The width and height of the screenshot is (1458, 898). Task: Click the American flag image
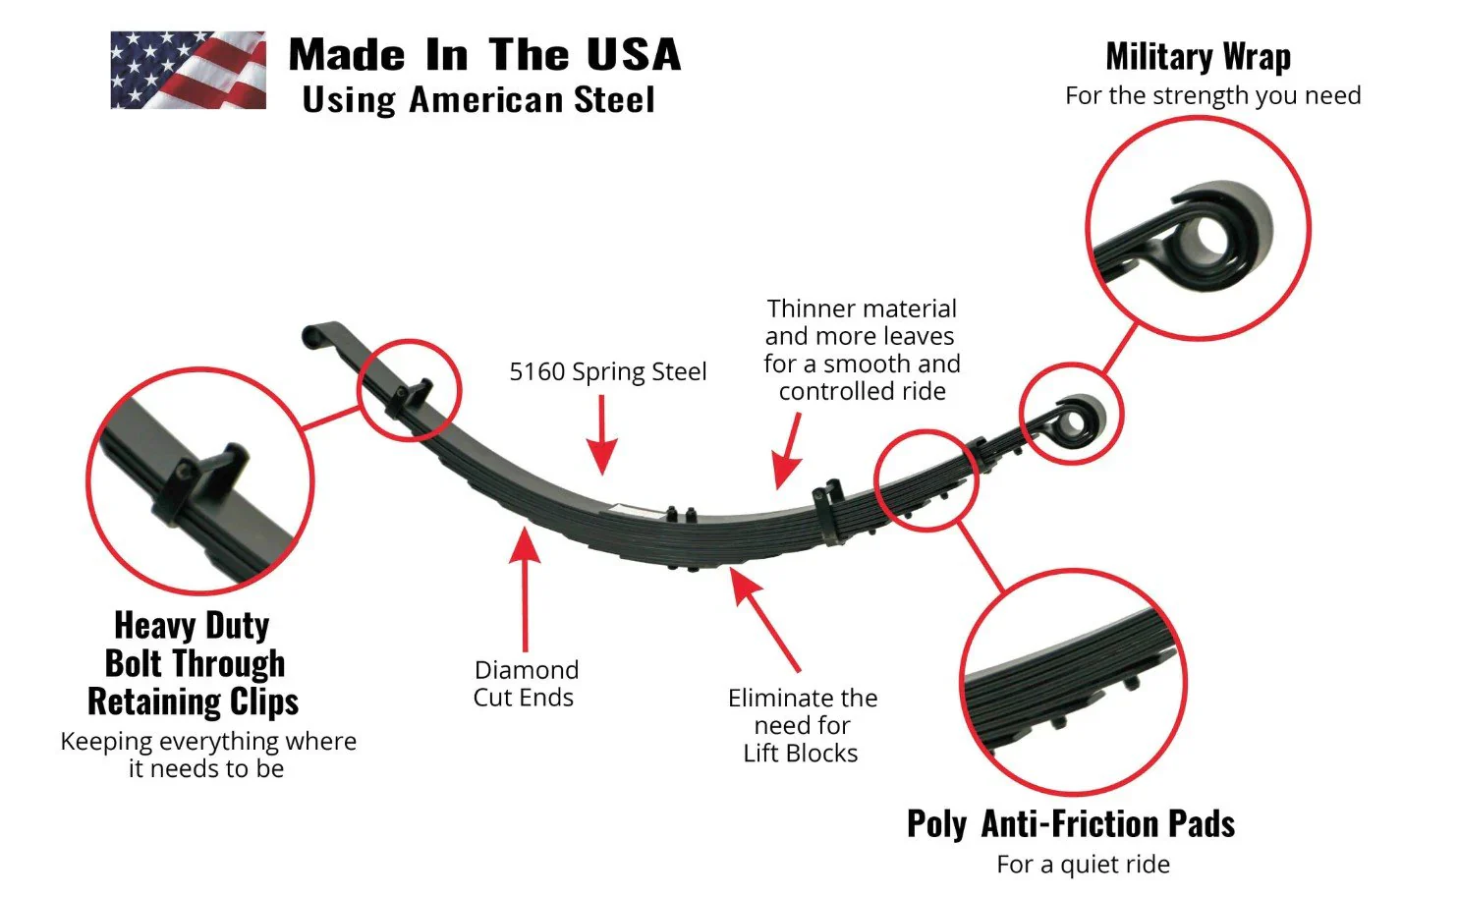click(x=188, y=70)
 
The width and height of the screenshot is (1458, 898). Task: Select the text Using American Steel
click(x=478, y=100)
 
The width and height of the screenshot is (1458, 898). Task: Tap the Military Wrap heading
click(x=1198, y=57)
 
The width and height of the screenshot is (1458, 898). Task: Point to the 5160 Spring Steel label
click(x=607, y=371)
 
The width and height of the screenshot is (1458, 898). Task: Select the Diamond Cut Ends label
click(x=525, y=684)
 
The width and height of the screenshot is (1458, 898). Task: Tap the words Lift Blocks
click(x=800, y=754)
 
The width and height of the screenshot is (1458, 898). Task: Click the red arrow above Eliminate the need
click(x=765, y=619)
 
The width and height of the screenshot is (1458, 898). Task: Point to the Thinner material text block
click(x=861, y=350)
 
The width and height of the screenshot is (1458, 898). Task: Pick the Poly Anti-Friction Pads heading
click(x=1070, y=823)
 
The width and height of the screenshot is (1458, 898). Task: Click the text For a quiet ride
click(x=1083, y=865)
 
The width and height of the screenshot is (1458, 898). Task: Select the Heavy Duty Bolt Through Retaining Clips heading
click(x=194, y=663)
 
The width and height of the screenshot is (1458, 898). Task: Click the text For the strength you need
click(x=1212, y=96)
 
